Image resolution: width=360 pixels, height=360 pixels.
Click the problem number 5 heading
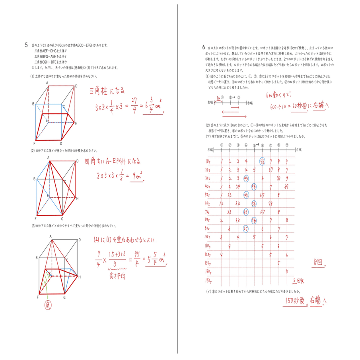tap(26, 45)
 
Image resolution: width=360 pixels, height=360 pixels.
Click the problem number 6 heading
tap(203, 47)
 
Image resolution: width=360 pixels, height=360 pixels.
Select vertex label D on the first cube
tap(76, 86)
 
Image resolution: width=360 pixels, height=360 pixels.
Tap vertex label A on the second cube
tap(48, 158)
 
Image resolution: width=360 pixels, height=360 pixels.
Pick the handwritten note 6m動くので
tap(278, 95)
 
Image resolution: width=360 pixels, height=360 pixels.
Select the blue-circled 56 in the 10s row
tap(262, 161)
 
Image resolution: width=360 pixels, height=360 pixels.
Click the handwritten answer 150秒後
tap(296, 301)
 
